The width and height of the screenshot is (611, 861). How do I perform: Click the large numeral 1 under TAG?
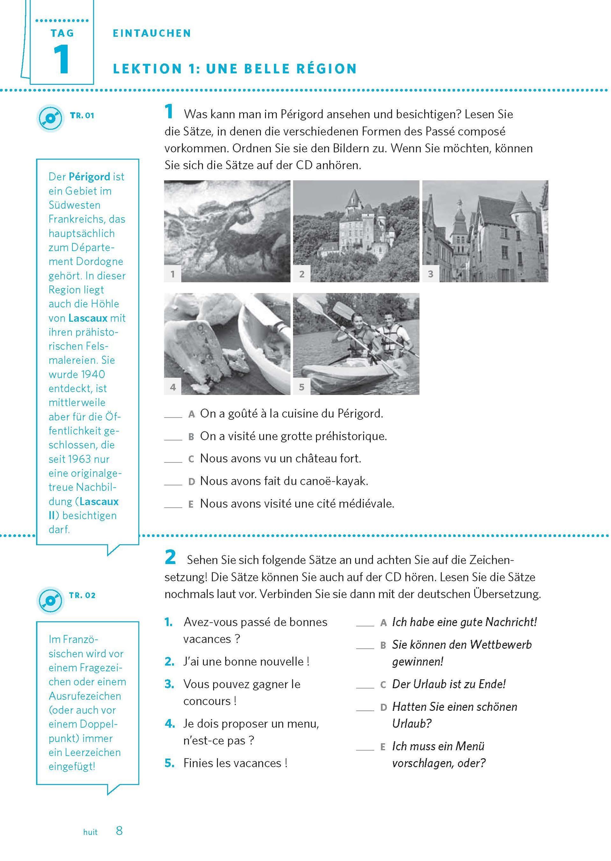(x=62, y=59)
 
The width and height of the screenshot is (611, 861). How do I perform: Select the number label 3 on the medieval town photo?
(x=431, y=274)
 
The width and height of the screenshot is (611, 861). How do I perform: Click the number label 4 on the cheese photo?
(x=173, y=387)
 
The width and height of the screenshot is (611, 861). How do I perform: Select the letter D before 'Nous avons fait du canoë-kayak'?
(x=191, y=481)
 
